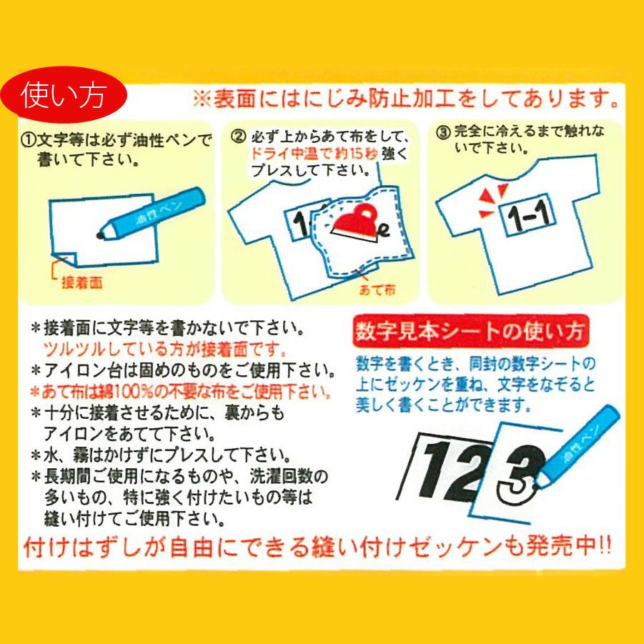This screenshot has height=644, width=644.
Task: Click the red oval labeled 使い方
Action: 64,94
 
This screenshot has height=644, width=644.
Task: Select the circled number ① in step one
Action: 29,140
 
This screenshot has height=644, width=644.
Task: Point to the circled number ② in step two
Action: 238,136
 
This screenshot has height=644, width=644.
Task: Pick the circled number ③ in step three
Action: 443,133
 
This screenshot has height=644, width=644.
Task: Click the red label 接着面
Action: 81,282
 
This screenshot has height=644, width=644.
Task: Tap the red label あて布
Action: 377,290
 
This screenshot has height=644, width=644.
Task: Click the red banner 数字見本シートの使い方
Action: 471,331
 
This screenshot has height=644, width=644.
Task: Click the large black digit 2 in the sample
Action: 472,472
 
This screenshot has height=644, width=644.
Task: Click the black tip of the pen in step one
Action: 100,235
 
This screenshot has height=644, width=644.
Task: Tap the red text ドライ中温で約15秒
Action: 314,154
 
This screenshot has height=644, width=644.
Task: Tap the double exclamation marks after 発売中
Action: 605,546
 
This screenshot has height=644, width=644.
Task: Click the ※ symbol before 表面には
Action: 202,99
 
